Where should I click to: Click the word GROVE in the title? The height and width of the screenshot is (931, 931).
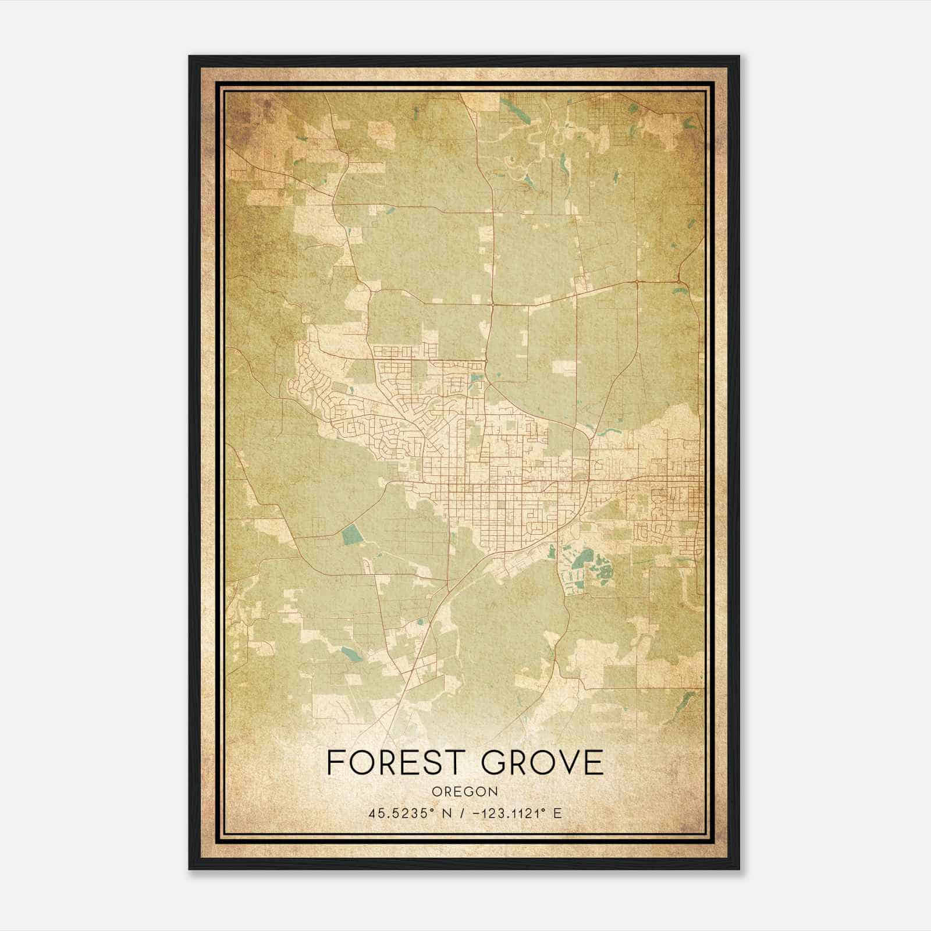[x=542, y=762]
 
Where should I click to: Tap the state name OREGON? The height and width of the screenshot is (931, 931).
[x=465, y=791]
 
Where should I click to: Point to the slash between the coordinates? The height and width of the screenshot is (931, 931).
[x=461, y=813]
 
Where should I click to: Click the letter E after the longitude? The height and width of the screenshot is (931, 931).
[x=557, y=813]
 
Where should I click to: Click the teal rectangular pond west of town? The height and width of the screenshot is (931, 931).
[x=351, y=534]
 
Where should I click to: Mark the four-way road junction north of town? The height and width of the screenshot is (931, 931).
[x=492, y=304]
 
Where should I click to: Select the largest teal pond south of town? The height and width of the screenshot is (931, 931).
[x=579, y=560]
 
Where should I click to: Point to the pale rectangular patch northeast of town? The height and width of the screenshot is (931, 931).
[x=563, y=367]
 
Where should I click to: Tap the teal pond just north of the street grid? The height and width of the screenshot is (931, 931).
[x=477, y=378]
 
